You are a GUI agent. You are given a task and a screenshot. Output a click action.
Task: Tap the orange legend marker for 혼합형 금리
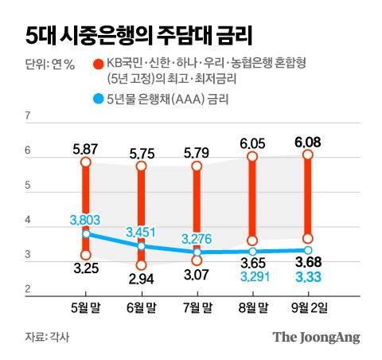98,64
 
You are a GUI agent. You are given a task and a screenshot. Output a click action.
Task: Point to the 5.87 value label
85,148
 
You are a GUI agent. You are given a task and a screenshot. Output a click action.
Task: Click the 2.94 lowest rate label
141,280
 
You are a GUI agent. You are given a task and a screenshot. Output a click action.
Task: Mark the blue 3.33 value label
308,276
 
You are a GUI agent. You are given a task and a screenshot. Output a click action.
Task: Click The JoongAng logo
316,337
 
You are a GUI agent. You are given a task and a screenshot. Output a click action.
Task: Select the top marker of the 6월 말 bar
141,166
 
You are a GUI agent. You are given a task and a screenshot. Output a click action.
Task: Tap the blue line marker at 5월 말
85,234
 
